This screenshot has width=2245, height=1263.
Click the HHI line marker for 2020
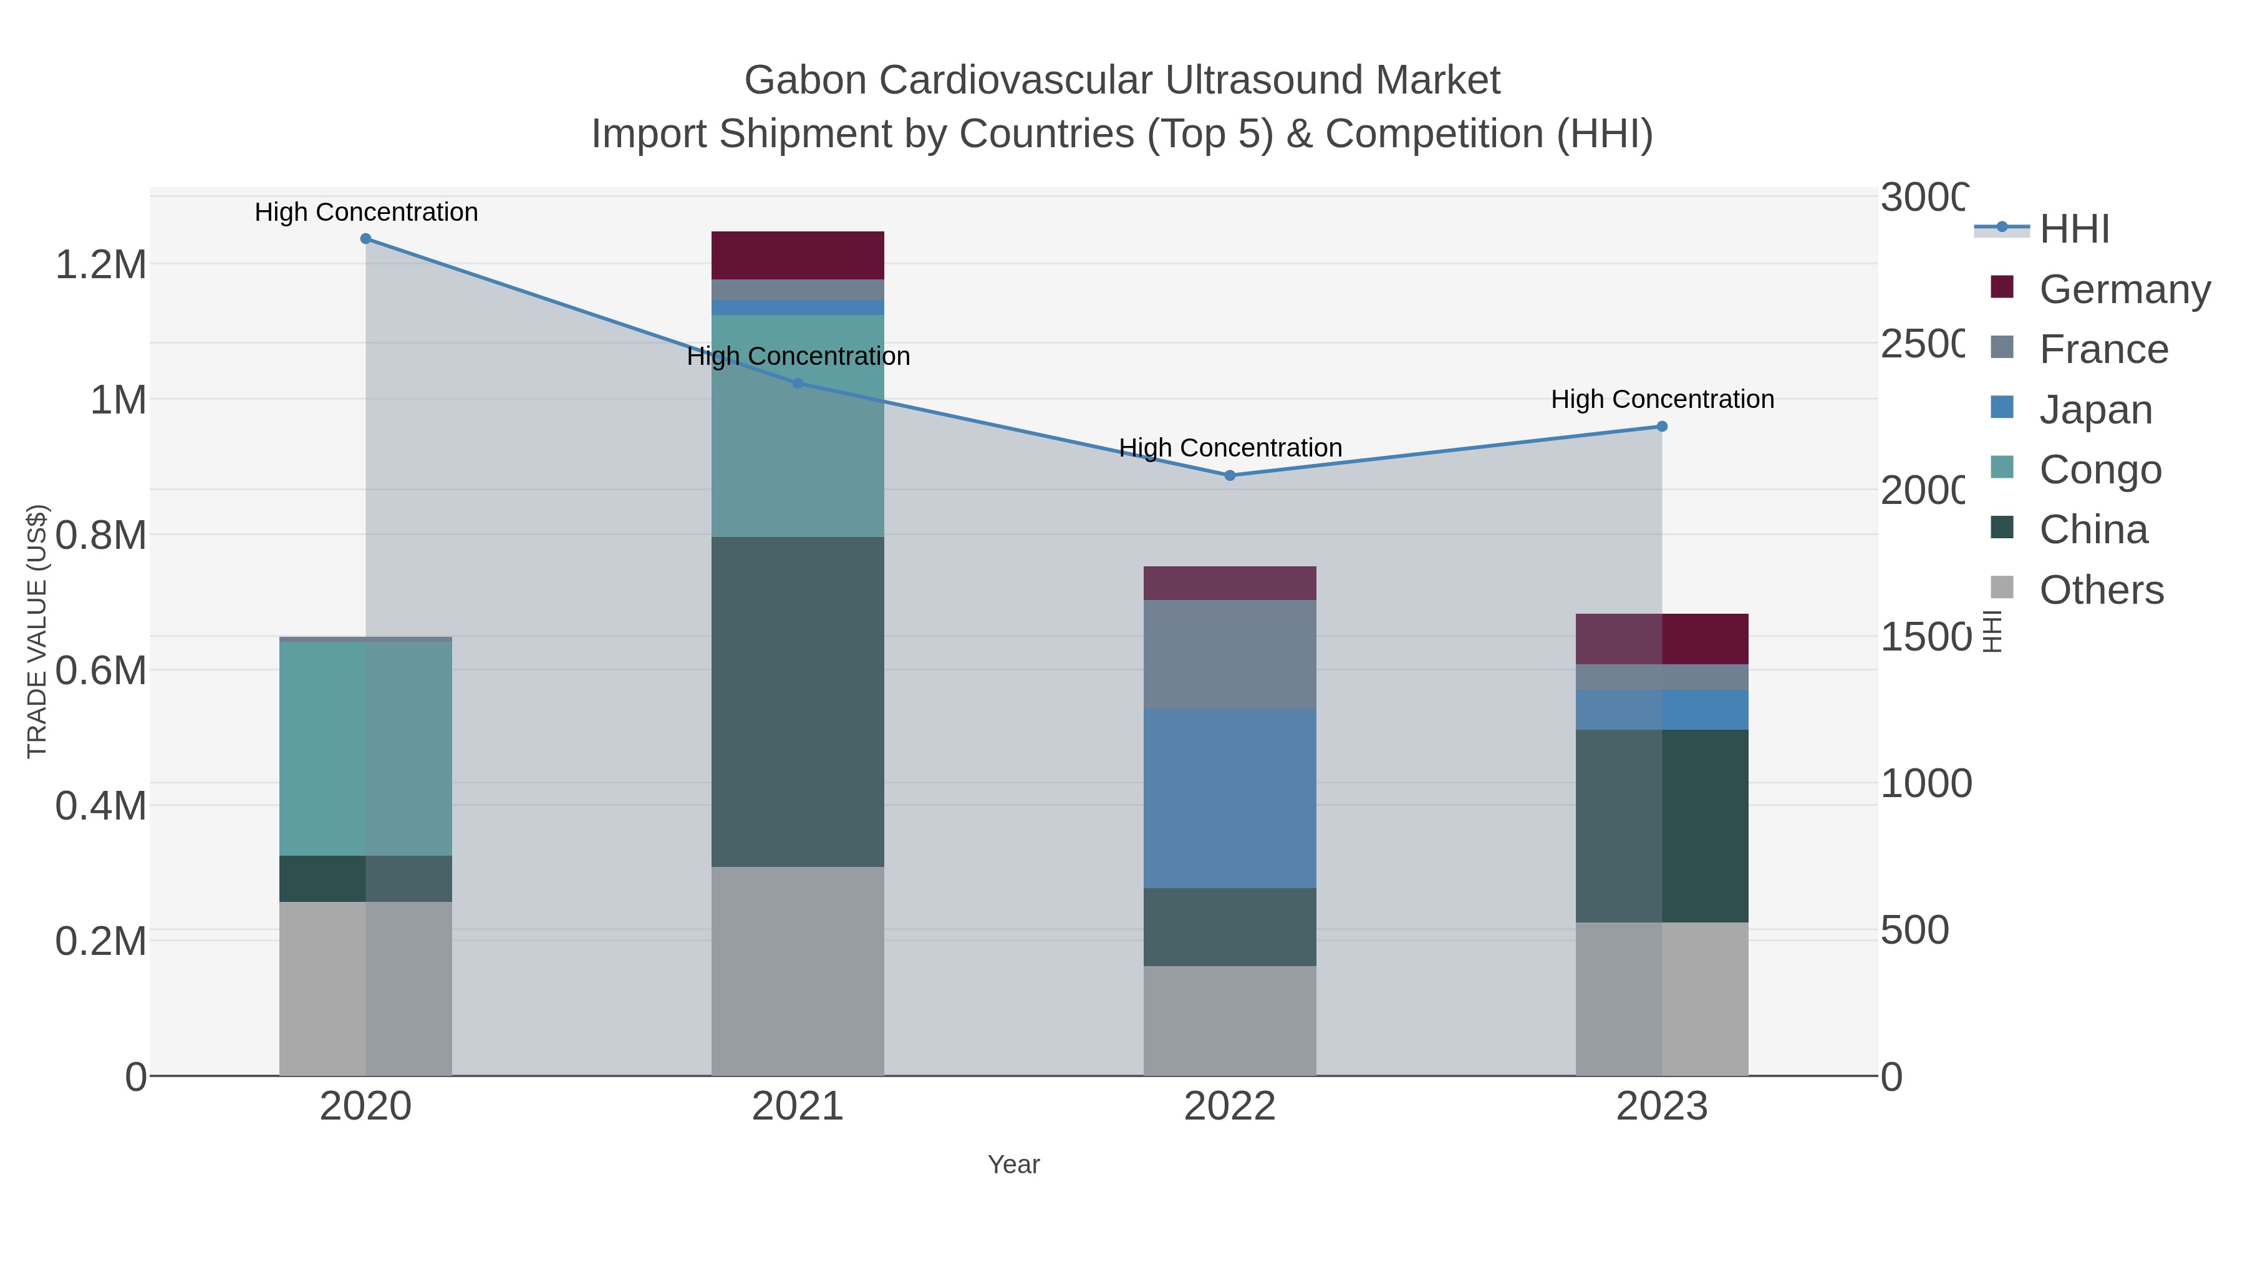coord(365,239)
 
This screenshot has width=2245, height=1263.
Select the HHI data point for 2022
coord(1230,476)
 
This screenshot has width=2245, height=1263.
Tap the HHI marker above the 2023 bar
coord(1662,426)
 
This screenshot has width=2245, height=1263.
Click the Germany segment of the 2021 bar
coord(798,255)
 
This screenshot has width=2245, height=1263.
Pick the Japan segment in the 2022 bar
coord(1230,798)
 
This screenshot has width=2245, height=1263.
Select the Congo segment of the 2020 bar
coord(365,748)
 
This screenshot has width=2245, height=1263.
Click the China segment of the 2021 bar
coord(798,702)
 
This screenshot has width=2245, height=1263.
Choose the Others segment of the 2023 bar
coord(1662,999)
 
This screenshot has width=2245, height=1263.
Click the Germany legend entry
coord(2124,289)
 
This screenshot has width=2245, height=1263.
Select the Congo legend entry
coord(2100,470)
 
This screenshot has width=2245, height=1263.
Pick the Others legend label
coord(2100,590)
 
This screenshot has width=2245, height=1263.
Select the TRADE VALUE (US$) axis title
coord(37,631)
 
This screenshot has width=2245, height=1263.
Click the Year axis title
coord(1013,1164)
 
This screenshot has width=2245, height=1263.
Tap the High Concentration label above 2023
coord(1662,399)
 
